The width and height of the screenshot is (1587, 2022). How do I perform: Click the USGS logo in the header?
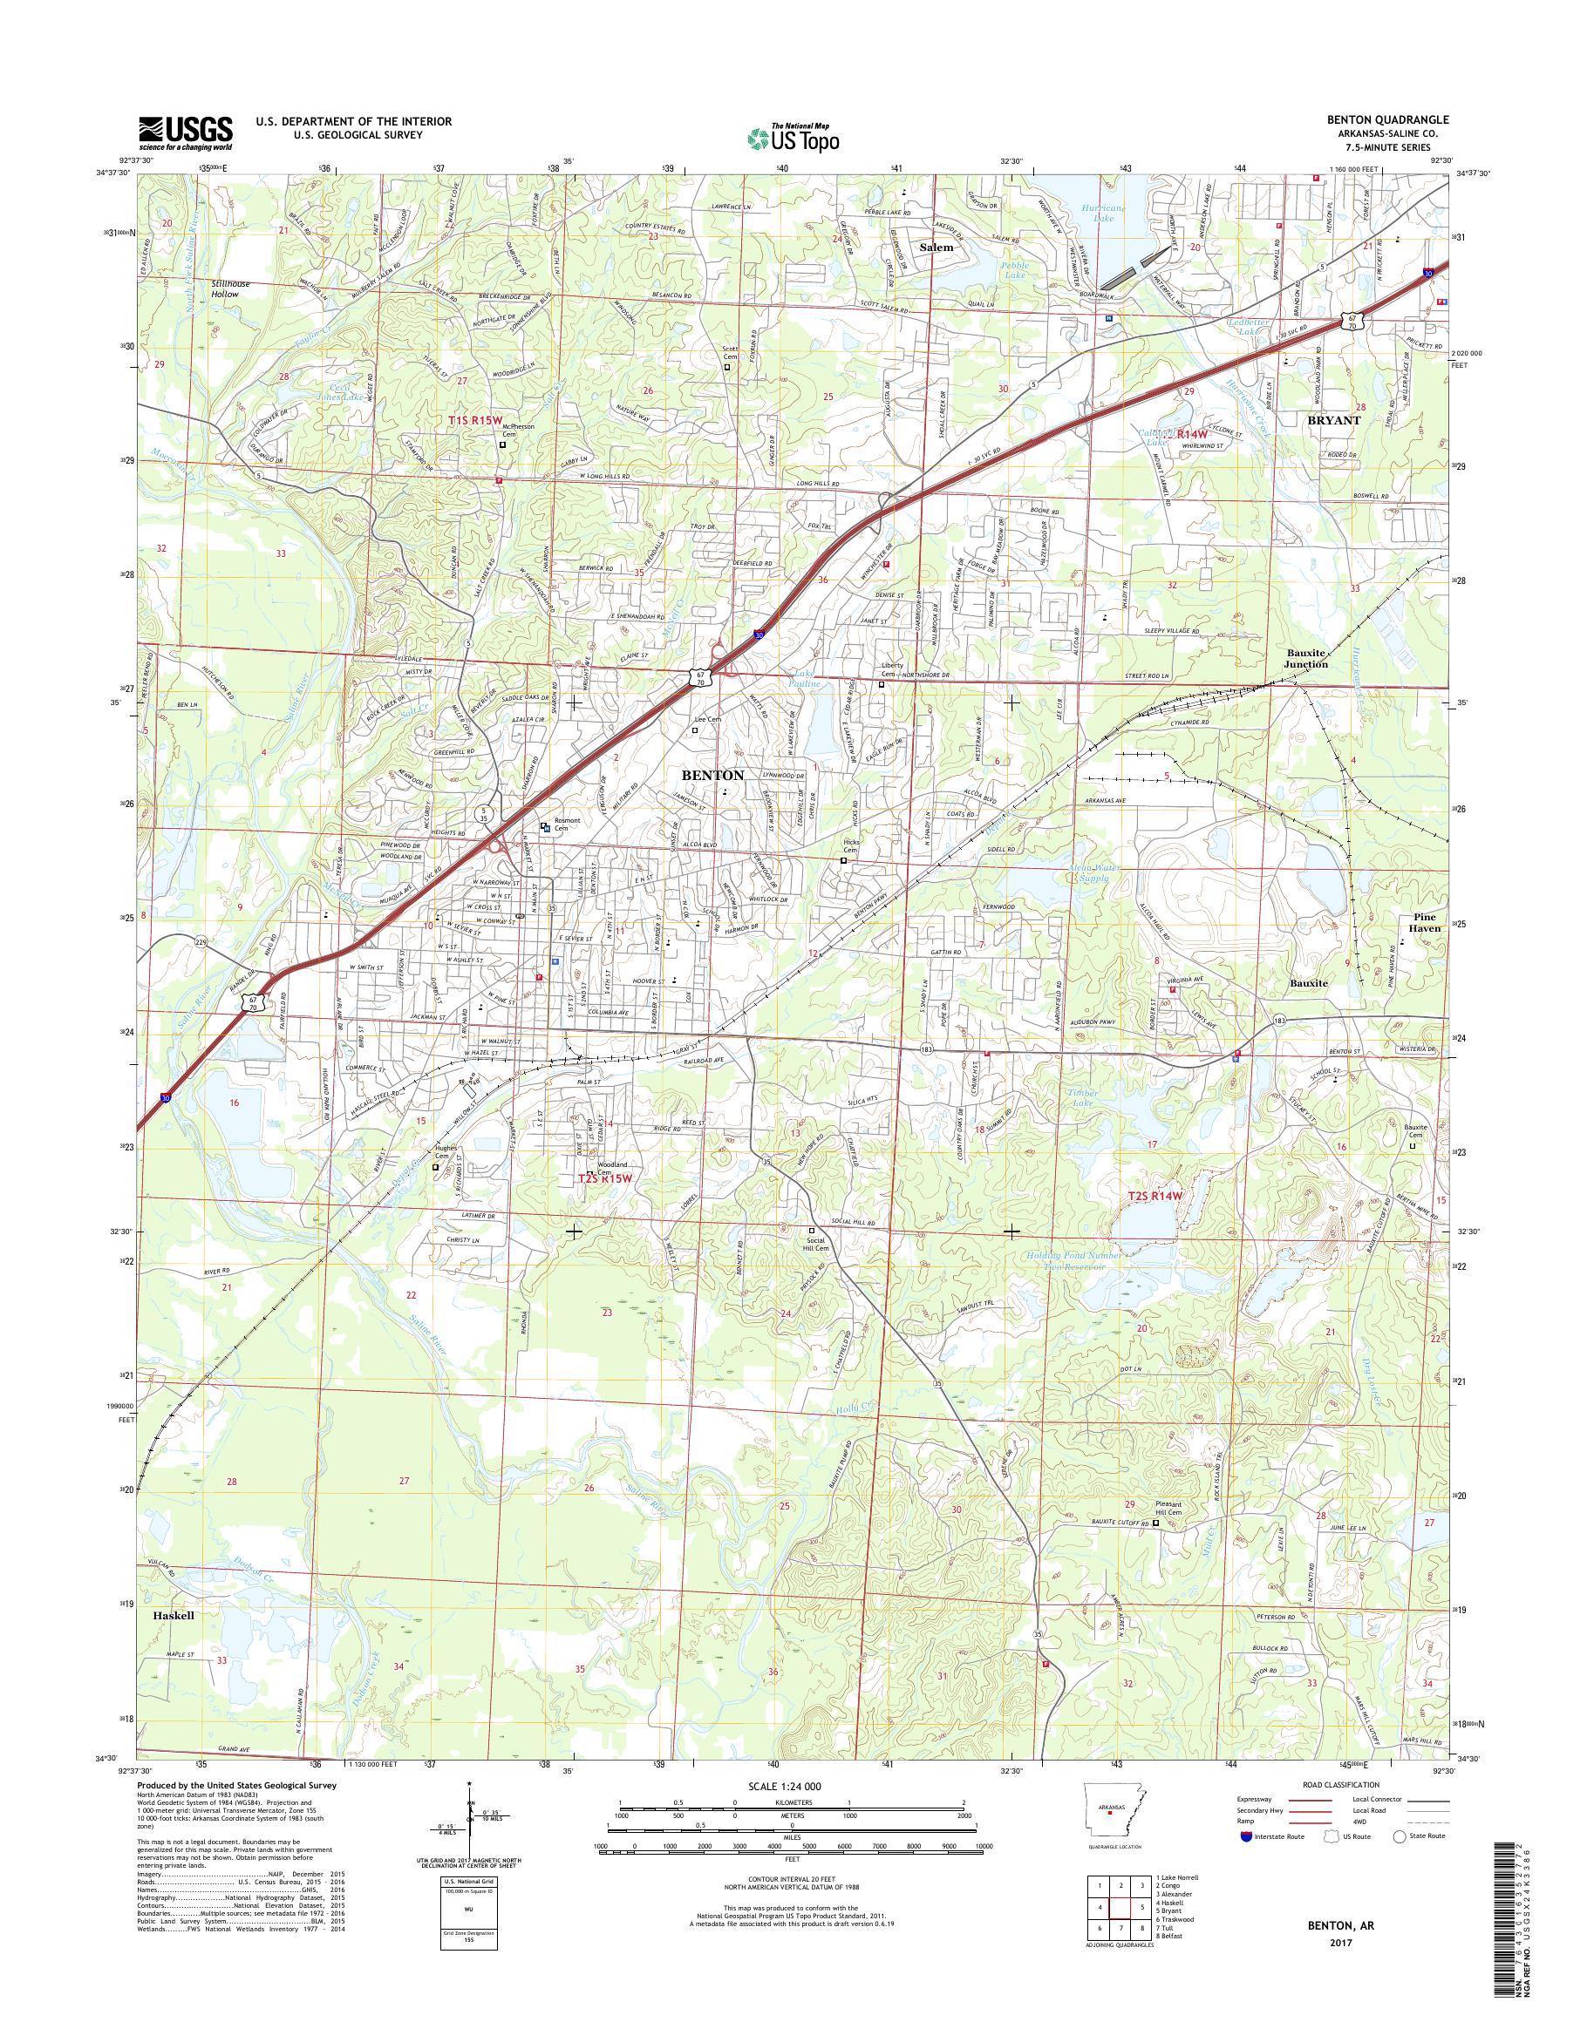tap(185, 132)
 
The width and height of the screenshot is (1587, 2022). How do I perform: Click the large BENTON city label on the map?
tap(712, 774)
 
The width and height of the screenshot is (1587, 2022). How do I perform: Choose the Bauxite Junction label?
tap(1305, 659)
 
